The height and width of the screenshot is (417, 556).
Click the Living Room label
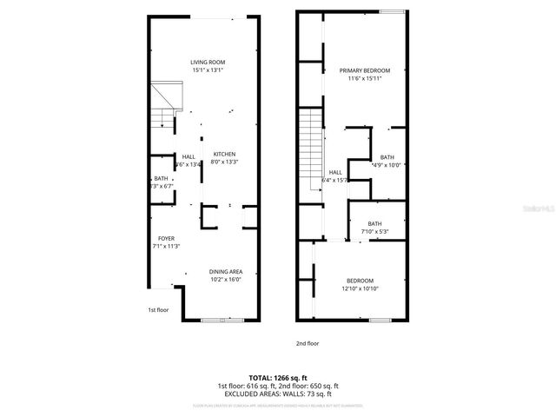(x=208, y=62)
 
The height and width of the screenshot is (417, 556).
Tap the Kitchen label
(x=225, y=154)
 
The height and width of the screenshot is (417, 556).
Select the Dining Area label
(x=225, y=272)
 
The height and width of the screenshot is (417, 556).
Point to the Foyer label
(x=166, y=238)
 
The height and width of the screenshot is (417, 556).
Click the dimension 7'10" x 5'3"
(x=374, y=231)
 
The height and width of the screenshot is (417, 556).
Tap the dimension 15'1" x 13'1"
(x=208, y=69)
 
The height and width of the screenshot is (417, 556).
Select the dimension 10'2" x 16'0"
(x=225, y=280)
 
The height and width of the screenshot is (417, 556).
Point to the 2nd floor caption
(x=308, y=343)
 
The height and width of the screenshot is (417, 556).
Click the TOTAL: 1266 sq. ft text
(x=277, y=378)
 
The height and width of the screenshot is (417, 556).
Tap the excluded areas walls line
(x=277, y=394)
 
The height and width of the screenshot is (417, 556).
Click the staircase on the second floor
(x=311, y=153)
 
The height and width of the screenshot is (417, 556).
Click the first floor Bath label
(x=161, y=178)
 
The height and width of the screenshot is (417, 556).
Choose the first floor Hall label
(x=189, y=156)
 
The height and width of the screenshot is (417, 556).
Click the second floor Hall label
(x=335, y=172)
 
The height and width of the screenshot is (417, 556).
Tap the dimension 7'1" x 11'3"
(x=167, y=246)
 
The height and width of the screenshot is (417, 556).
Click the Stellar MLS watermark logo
(x=539, y=209)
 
